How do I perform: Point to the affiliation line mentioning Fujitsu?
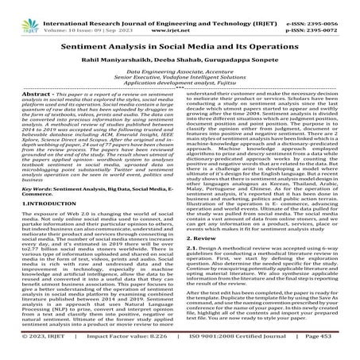click(180, 97)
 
